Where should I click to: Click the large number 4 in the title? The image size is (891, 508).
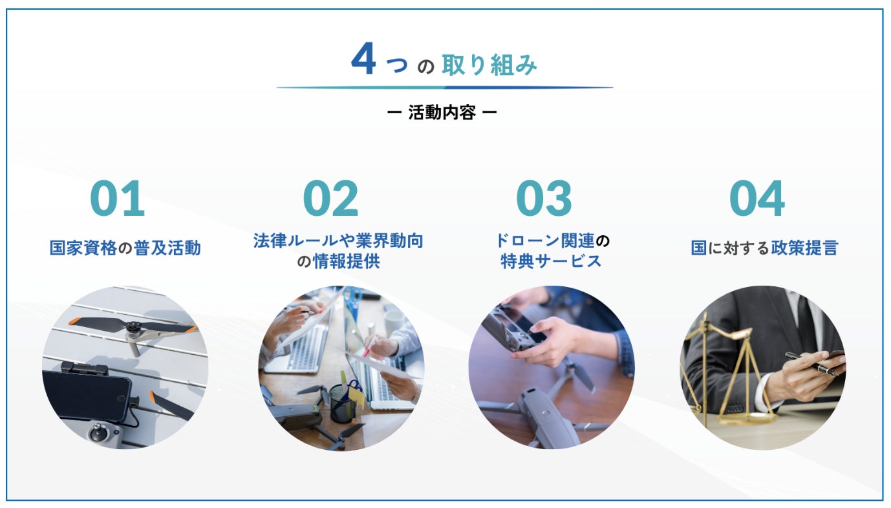point(363,58)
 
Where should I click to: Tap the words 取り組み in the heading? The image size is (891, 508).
point(489,65)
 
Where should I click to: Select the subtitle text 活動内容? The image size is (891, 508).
point(442,112)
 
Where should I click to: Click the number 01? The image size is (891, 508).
point(117,198)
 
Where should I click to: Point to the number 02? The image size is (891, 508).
point(330,198)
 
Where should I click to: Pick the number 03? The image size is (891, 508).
point(544,198)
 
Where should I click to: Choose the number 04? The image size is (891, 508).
point(757,198)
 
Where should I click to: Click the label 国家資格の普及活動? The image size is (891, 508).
point(125,248)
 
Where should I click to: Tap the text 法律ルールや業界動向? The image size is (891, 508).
point(338,241)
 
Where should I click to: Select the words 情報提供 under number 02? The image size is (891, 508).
point(347,262)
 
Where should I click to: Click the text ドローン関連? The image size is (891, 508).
point(545,241)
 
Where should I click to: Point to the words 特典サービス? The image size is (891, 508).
point(551,262)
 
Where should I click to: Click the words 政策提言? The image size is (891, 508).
point(804,248)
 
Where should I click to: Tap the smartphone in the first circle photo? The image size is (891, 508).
point(87,395)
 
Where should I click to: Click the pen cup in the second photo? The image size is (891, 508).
point(343,403)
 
